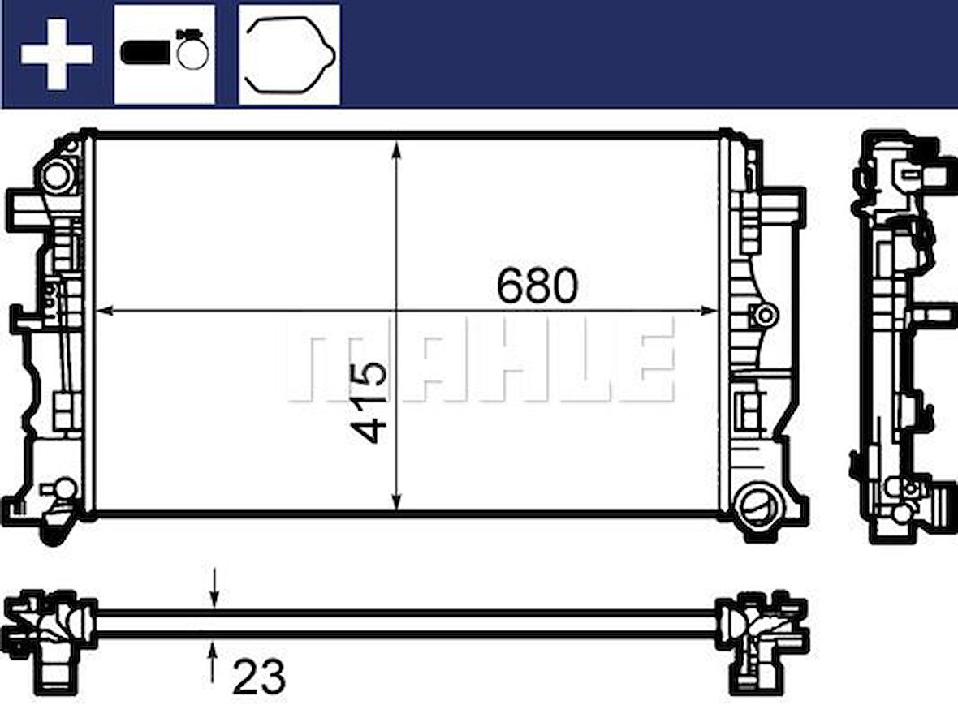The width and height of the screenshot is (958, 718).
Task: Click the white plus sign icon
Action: pos(56,54)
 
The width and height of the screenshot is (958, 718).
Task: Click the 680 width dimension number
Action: pos(537,286)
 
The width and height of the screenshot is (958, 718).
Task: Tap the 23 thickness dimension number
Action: pos(259,676)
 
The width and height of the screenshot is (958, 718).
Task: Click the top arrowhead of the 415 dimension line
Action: pos(397,149)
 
